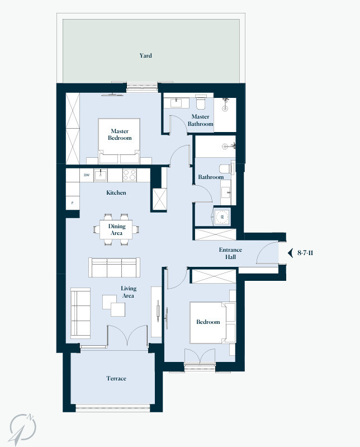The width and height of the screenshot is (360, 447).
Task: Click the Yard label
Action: (x=146, y=55)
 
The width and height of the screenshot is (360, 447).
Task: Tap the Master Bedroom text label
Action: (x=120, y=134)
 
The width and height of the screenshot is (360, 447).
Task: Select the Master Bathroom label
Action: (x=200, y=120)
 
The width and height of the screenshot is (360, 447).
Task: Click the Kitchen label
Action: (x=116, y=192)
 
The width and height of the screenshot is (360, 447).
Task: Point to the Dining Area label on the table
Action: (x=116, y=229)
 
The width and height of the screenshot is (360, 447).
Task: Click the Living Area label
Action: (x=128, y=292)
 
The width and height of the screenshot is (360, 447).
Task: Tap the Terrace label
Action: (x=116, y=378)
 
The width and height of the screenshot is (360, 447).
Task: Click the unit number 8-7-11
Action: (x=305, y=253)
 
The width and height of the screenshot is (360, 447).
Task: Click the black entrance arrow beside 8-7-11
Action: (x=290, y=253)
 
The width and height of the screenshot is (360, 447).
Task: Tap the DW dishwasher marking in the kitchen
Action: (x=87, y=175)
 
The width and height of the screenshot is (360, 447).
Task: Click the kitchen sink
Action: (x=101, y=175)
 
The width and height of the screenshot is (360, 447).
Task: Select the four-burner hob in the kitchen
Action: (x=130, y=175)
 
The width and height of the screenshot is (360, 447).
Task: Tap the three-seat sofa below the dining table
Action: (x=114, y=267)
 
